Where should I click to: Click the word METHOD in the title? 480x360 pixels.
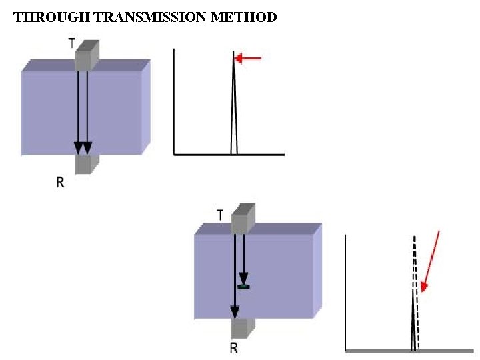coord(243,18)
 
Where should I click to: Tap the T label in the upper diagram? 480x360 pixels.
coord(71,43)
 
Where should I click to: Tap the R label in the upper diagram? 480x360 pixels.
coord(60,182)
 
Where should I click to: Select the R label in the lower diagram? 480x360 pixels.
coord(233,347)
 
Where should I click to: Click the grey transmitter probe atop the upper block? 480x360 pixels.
coord(86,56)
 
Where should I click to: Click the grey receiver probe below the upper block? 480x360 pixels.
coord(85,164)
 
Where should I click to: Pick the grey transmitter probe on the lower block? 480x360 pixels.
coord(243,220)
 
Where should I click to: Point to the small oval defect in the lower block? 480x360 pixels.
coord(244,287)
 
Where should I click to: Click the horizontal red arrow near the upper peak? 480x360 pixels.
coord(249,59)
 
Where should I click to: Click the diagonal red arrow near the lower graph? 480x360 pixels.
coord(431,261)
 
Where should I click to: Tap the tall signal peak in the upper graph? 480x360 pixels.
coord(234,100)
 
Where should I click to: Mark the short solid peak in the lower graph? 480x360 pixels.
coord(413,320)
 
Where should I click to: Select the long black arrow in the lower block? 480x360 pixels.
coord(235,273)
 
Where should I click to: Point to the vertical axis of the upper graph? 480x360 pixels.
coord(174,100)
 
